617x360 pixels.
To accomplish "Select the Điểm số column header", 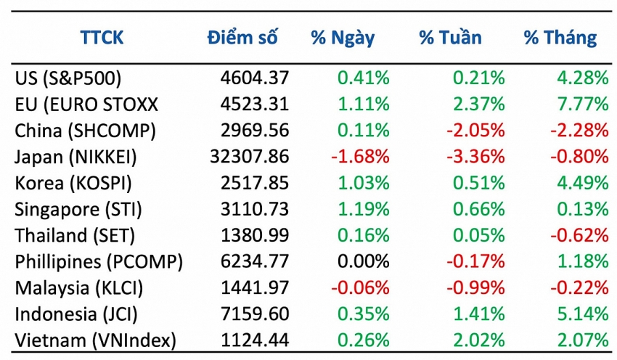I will click(242, 38).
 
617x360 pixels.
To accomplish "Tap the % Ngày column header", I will click(343, 38).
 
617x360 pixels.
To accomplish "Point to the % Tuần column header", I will click(450, 38).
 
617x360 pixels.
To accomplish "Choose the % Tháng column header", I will click(560, 38).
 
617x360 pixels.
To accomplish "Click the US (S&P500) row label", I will click(68, 78).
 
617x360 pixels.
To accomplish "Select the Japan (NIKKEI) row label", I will click(75, 156).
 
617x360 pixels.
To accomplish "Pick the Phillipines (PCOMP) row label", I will click(99, 261).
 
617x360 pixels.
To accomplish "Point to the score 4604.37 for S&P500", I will click(255, 78).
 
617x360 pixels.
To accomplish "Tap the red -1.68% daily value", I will click(361, 156).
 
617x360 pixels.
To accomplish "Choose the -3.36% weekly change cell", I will click(476, 156).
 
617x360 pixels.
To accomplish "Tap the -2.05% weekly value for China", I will click(476, 130).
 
